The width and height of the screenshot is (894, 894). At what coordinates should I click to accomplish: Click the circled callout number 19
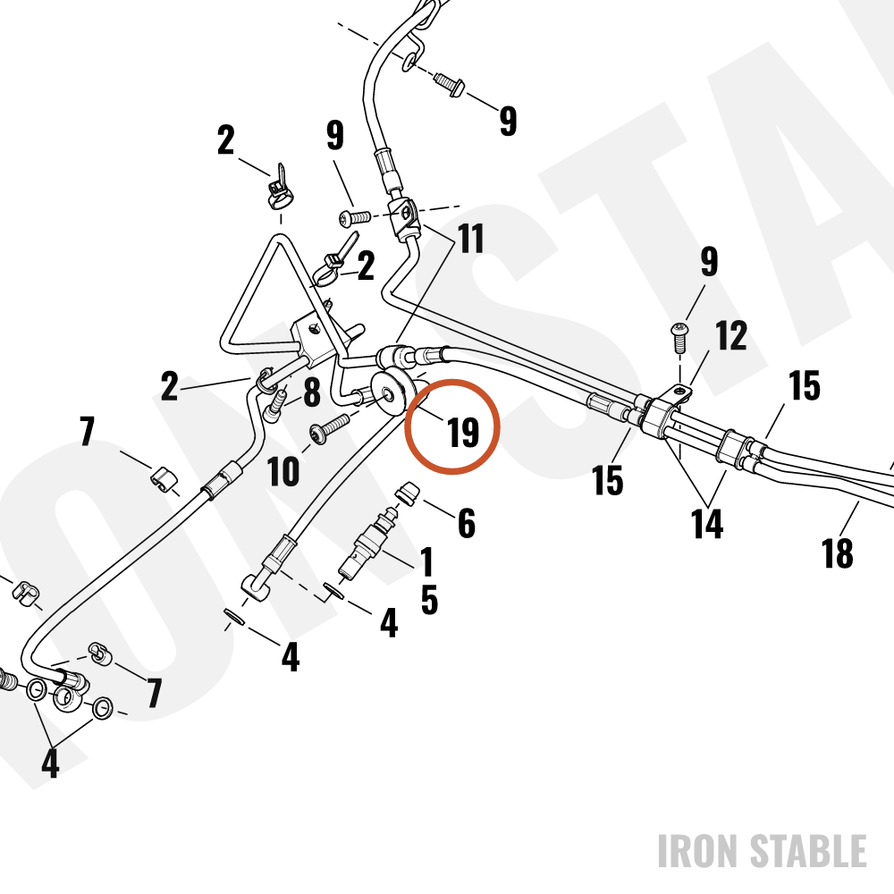point(463,432)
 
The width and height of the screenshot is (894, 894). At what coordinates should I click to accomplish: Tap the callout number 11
point(471,238)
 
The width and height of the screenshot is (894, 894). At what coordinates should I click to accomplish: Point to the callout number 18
point(837,552)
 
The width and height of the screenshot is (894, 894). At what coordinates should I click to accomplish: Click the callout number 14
point(707,523)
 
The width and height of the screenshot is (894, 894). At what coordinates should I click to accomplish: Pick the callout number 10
point(283,471)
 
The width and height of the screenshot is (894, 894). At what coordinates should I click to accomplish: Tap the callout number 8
point(311,392)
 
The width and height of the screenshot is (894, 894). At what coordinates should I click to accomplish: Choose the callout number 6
point(467,523)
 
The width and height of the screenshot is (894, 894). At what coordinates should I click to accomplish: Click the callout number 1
point(426,561)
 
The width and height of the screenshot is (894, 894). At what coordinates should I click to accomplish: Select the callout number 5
point(429,600)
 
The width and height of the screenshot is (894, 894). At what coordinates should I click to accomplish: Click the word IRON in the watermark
point(699,851)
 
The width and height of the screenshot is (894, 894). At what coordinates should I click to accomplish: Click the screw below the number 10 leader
point(330,429)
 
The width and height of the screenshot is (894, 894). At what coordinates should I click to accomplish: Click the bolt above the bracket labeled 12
point(679,337)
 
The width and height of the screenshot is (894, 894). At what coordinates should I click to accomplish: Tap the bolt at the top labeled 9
point(450,84)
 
